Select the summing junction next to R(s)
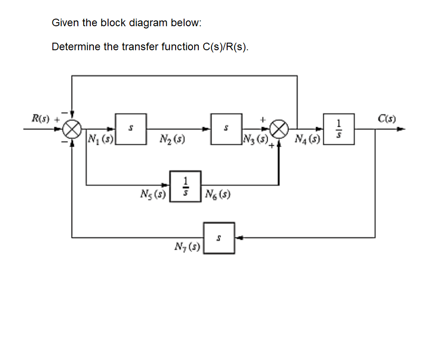coord(72,129)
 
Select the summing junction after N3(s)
coord(280,129)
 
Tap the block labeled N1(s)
coord(131,129)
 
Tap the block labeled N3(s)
coord(226,129)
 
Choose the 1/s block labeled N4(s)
coord(339,129)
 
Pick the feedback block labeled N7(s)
coord(219,238)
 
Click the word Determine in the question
coord(76,47)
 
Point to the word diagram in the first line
coord(148,23)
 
